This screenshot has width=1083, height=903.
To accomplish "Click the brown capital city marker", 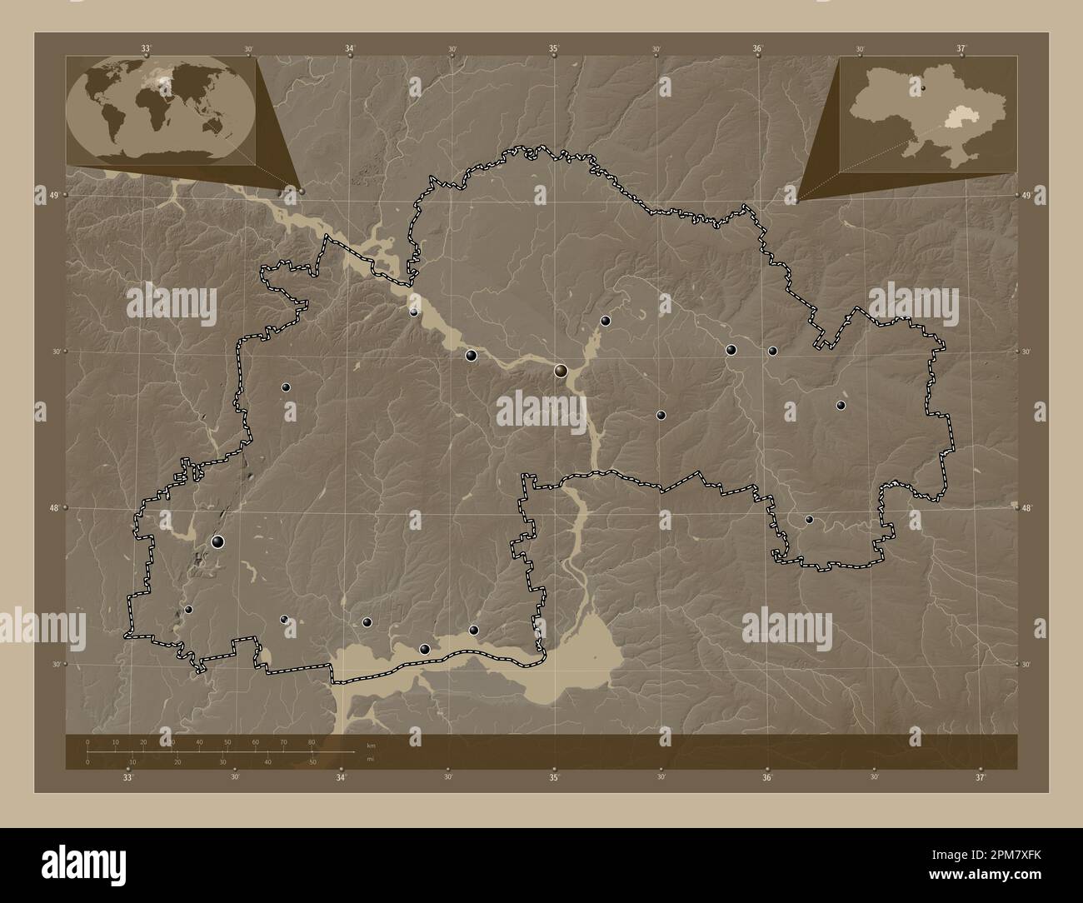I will click(562, 371).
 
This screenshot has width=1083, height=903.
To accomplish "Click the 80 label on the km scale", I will click(312, 741).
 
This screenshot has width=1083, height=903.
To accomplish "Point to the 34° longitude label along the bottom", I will click(341, 778).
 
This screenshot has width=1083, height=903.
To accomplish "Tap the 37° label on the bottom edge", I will click(981, 778).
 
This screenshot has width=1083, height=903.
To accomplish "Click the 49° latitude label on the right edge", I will click(1027, 195).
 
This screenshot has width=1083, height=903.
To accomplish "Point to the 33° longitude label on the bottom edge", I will click(127, 778).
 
